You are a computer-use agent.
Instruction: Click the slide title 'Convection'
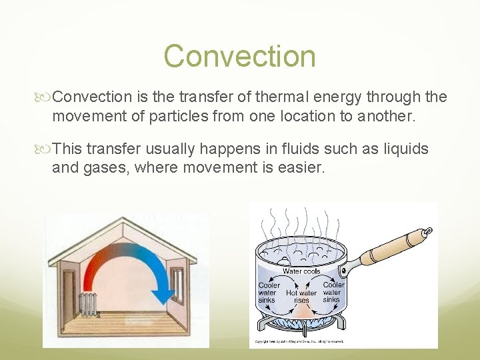[x=239, y=56]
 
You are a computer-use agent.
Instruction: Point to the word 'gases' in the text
[x=105, y=167]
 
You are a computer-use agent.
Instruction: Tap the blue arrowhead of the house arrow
[x=163, y=294]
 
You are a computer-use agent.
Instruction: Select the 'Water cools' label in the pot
[x=301, y=271]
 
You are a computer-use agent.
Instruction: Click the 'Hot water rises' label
[x=301, y=297]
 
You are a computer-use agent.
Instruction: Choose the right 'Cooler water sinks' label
[x=333, y=292]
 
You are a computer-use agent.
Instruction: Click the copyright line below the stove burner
[x=300, y=341]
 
